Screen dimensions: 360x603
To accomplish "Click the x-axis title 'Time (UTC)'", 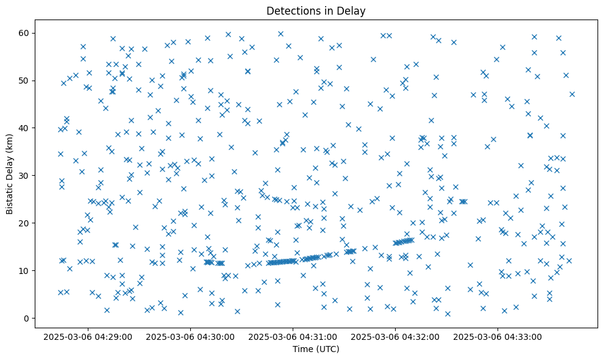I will tap(316, 349).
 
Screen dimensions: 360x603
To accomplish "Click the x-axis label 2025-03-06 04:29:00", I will tap(87, 337).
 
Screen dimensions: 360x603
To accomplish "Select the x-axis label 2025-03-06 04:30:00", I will tap(190, 337).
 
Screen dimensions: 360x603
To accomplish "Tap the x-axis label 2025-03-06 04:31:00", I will tap(292, 337).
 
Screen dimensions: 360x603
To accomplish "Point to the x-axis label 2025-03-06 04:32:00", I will tap(394, 337).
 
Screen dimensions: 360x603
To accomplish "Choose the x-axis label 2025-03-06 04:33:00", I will tap(498, 337).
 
